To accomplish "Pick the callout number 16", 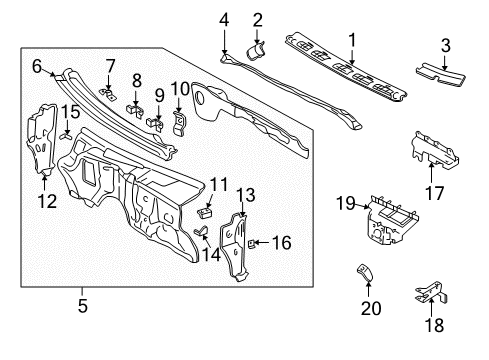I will point(282,241).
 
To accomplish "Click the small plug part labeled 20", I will point(367,274).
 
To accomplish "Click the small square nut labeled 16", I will point(254,241).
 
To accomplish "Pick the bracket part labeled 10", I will point(181,123).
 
